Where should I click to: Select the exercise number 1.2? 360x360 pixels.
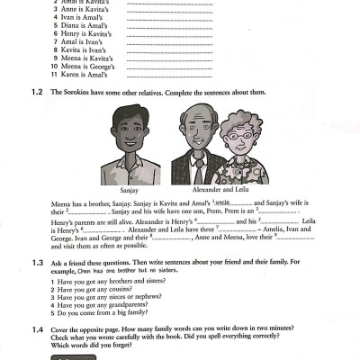(35, 92)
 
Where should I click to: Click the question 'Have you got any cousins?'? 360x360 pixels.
(95, 290)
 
